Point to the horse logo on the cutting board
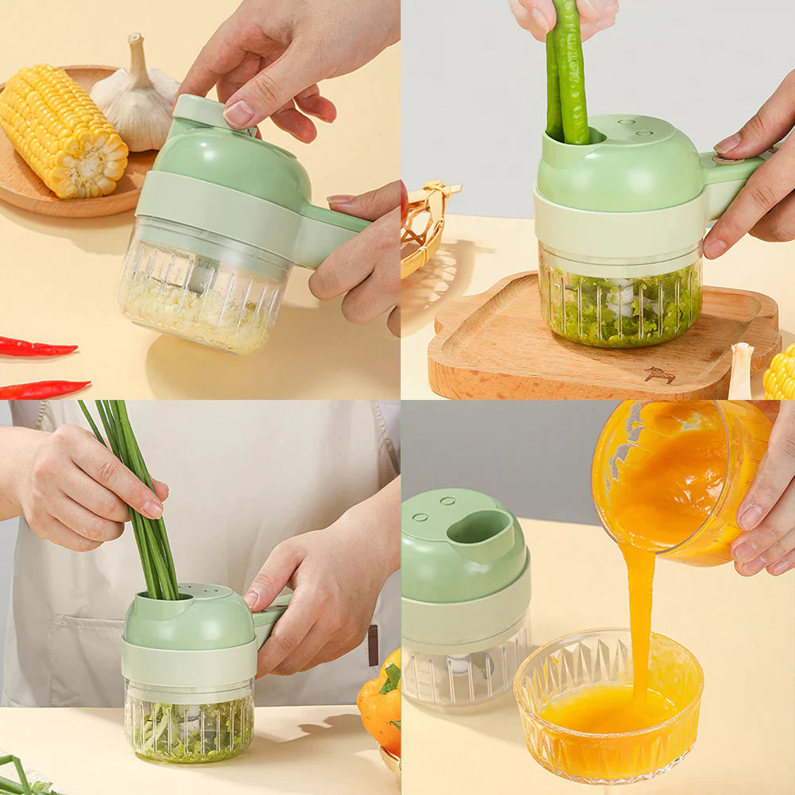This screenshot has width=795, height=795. (660, 374)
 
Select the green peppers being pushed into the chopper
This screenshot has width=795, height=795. (568, 72)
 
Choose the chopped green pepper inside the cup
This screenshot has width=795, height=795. (620, 310)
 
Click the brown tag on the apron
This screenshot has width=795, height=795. (373, 644)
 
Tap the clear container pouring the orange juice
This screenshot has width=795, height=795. (676, 485)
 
